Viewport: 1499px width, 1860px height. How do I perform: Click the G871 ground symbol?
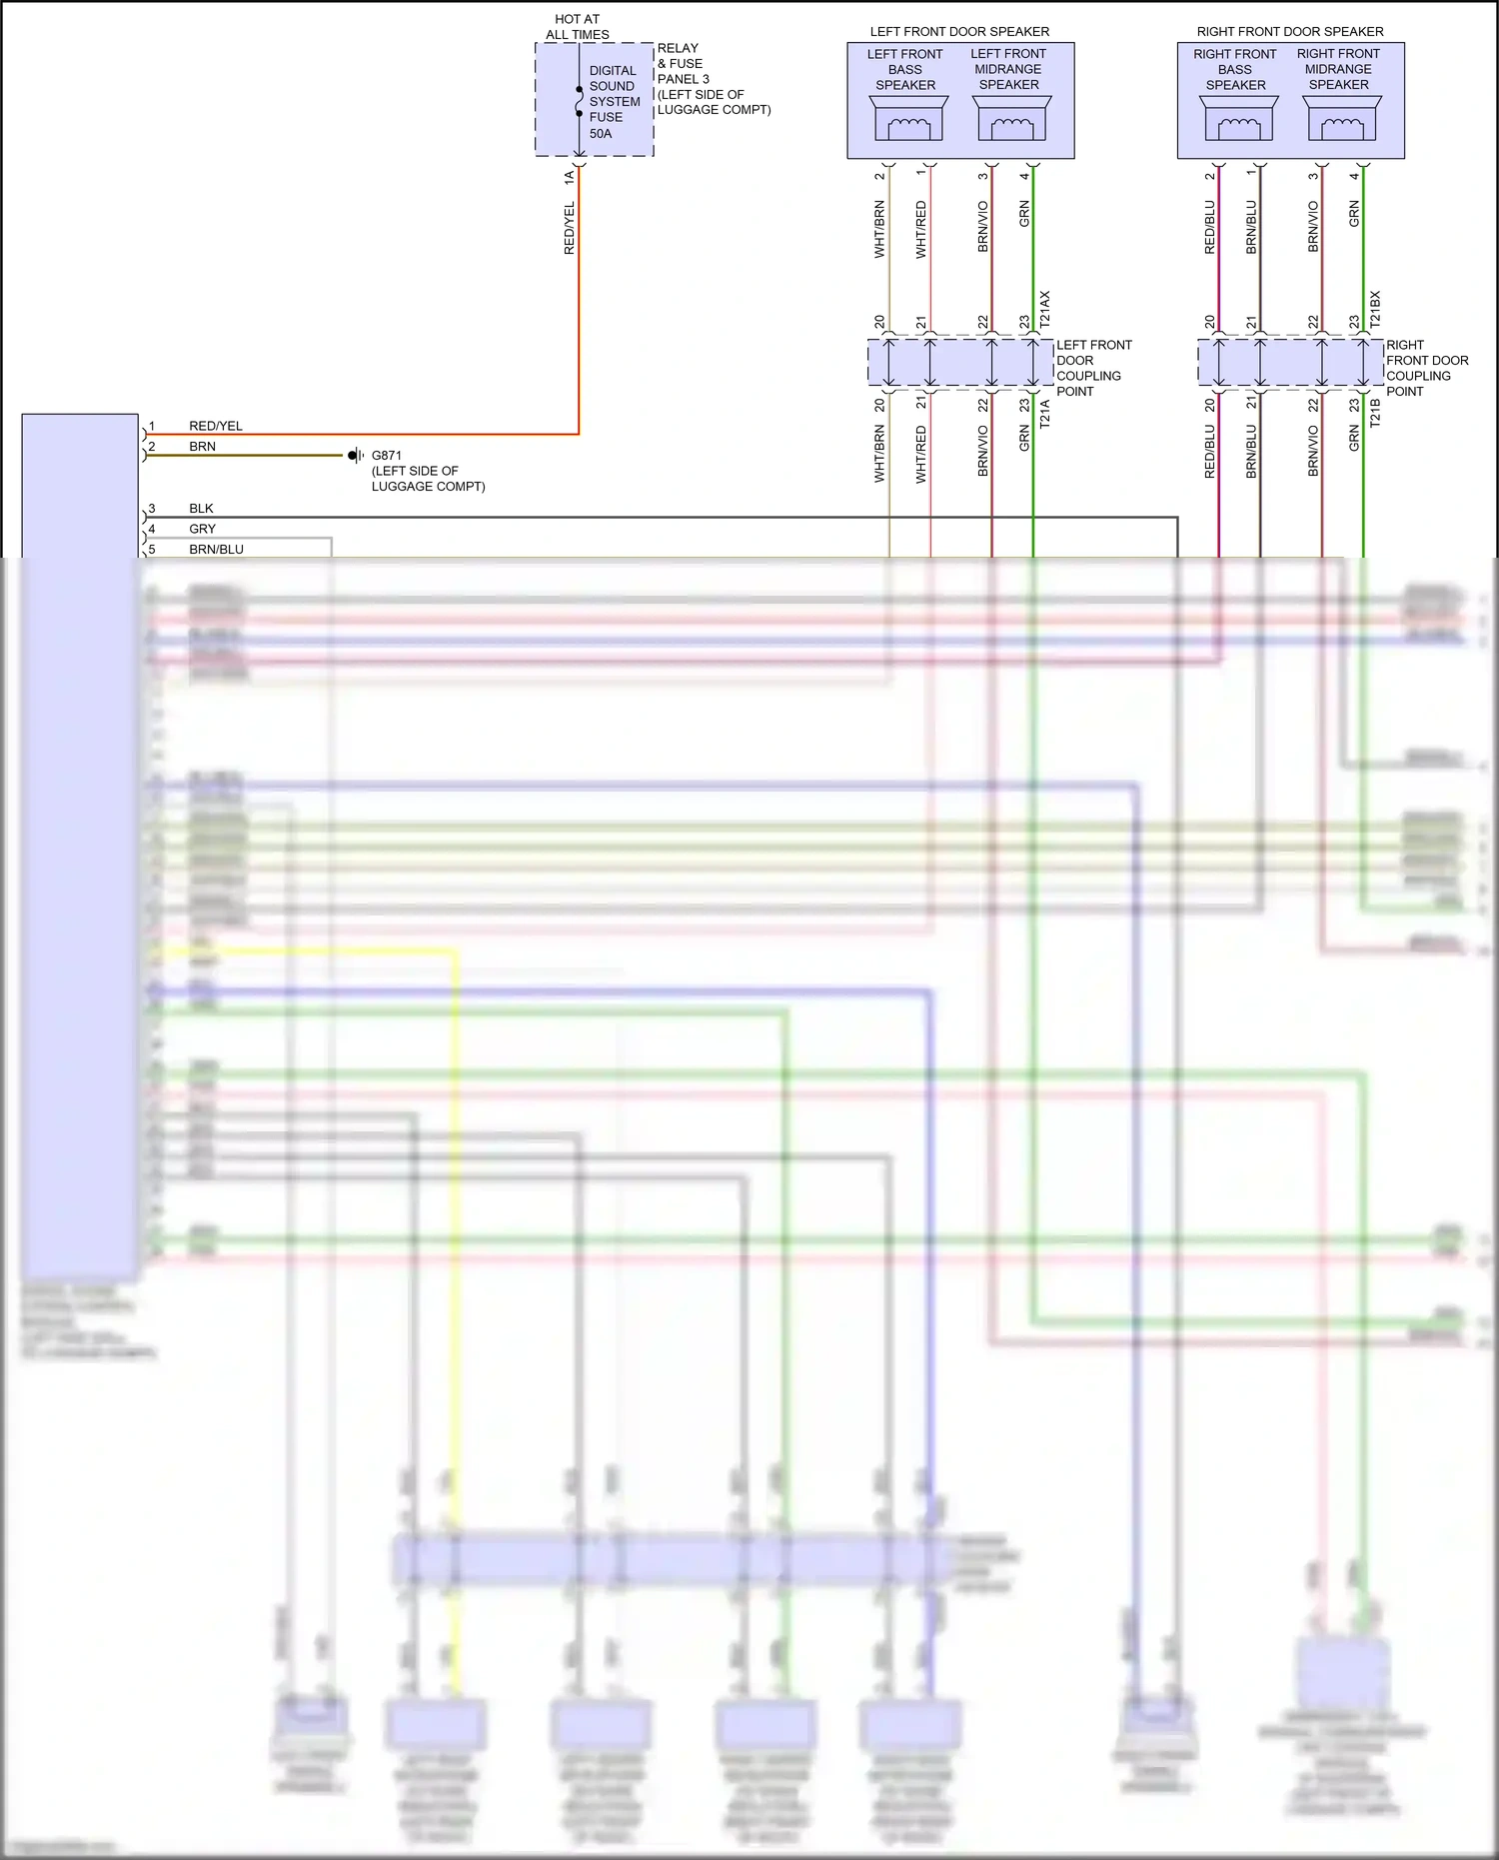click(x=355, y=456)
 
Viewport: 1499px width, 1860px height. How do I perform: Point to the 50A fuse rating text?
click(x=601, y=133)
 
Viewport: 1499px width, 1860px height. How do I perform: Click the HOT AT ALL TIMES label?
click(x=577, y=27)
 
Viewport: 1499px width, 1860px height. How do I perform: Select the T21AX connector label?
click(x=1045, y=310)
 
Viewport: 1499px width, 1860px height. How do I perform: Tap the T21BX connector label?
click(x=1375, y=310)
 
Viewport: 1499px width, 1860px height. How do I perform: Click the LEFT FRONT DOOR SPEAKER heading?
click(x=959, y=32)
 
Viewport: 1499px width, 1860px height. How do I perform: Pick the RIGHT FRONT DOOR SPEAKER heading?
click(x=1290, y=32)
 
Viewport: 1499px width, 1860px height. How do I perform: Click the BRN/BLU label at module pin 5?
click(x=216, y=550)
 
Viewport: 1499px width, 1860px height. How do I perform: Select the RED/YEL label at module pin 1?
click(x=216, y=426)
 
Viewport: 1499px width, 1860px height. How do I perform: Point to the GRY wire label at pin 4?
click(x=203, y=529)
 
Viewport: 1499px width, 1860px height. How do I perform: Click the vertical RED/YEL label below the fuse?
click(x=570, y=228)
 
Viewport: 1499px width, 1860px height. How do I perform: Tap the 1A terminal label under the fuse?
click(x=570, y=177)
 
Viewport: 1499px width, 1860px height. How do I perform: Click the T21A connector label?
click(x=1045, y=414)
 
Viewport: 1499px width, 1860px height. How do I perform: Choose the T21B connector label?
click(x=1375, y=414)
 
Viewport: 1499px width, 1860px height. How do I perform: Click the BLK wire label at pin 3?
click(x=201, y=509)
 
